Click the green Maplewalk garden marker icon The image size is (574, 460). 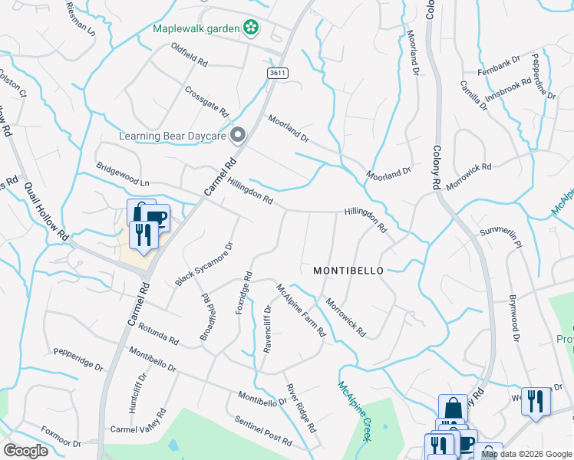[x=250, y=28]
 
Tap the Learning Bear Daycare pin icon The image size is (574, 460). [x=238, y=136]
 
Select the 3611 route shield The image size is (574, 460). [x=278, y=72]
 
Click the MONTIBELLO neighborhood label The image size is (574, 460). [x=348, y=271]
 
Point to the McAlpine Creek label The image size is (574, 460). [x=354, y=410]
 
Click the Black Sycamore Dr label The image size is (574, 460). [x=203, y=264]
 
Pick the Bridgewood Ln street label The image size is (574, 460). [x=122, y=174]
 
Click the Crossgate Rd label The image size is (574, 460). [x=207, y=100]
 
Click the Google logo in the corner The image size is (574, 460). [x=25, y=451]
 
